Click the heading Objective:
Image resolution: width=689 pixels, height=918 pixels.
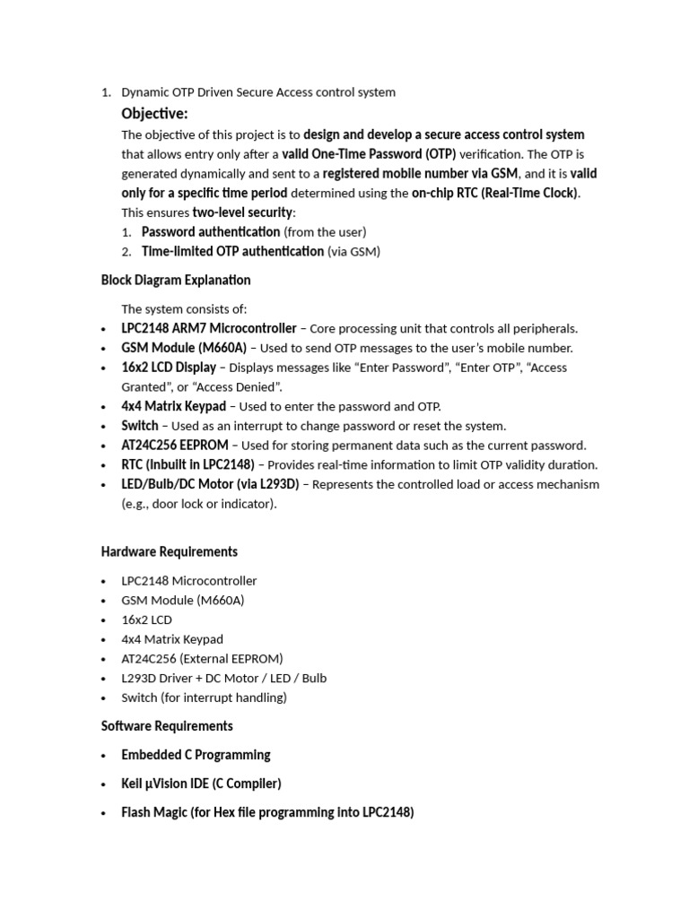click(154, 114)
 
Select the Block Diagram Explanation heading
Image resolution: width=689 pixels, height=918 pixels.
click(176, 281)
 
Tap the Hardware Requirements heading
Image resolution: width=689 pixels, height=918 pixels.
click(170, 551)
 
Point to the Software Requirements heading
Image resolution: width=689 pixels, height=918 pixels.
click(167, 726)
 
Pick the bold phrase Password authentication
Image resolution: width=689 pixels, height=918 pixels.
click(211, 232)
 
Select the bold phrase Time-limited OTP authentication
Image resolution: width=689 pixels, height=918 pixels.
click(232, 252)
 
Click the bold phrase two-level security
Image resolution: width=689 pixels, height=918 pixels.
click(242, 212)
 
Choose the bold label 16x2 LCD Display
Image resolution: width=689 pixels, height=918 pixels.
click(169, 368)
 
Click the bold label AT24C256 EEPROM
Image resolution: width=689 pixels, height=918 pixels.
click(175, 446)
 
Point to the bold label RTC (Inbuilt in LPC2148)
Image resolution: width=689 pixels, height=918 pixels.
click(188, 465)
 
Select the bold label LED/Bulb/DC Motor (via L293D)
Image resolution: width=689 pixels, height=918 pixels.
click(211, 485)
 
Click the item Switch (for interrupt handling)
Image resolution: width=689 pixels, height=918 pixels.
click(204, 697)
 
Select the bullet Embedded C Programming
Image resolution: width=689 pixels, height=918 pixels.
click(196, 755)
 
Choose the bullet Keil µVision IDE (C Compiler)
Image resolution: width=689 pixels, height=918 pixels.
click(201, 784)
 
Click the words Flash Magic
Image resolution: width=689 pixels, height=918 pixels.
click(153, 813)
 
